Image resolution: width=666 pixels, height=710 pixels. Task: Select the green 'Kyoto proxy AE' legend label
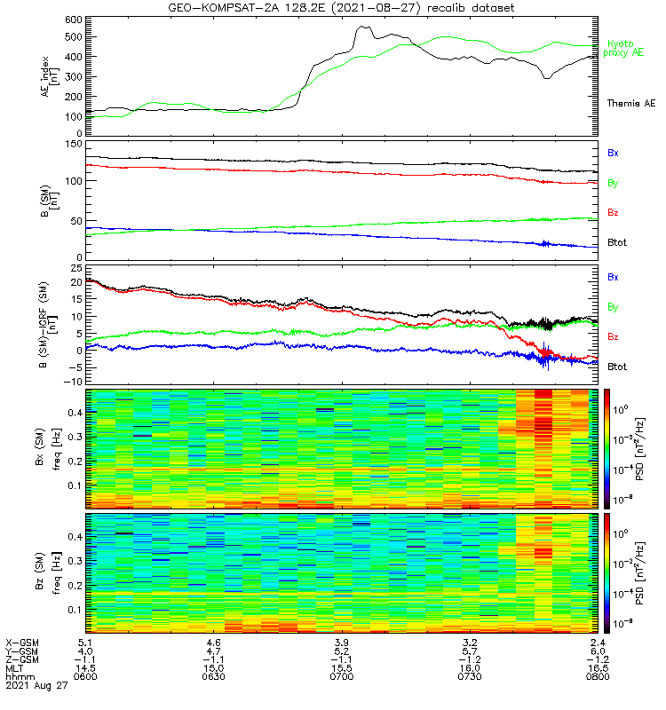[x=626, y=48]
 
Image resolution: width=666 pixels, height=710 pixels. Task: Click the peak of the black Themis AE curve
[x=362, y=27]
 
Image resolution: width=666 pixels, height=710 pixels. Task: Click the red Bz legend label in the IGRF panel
[x=613, y=336]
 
